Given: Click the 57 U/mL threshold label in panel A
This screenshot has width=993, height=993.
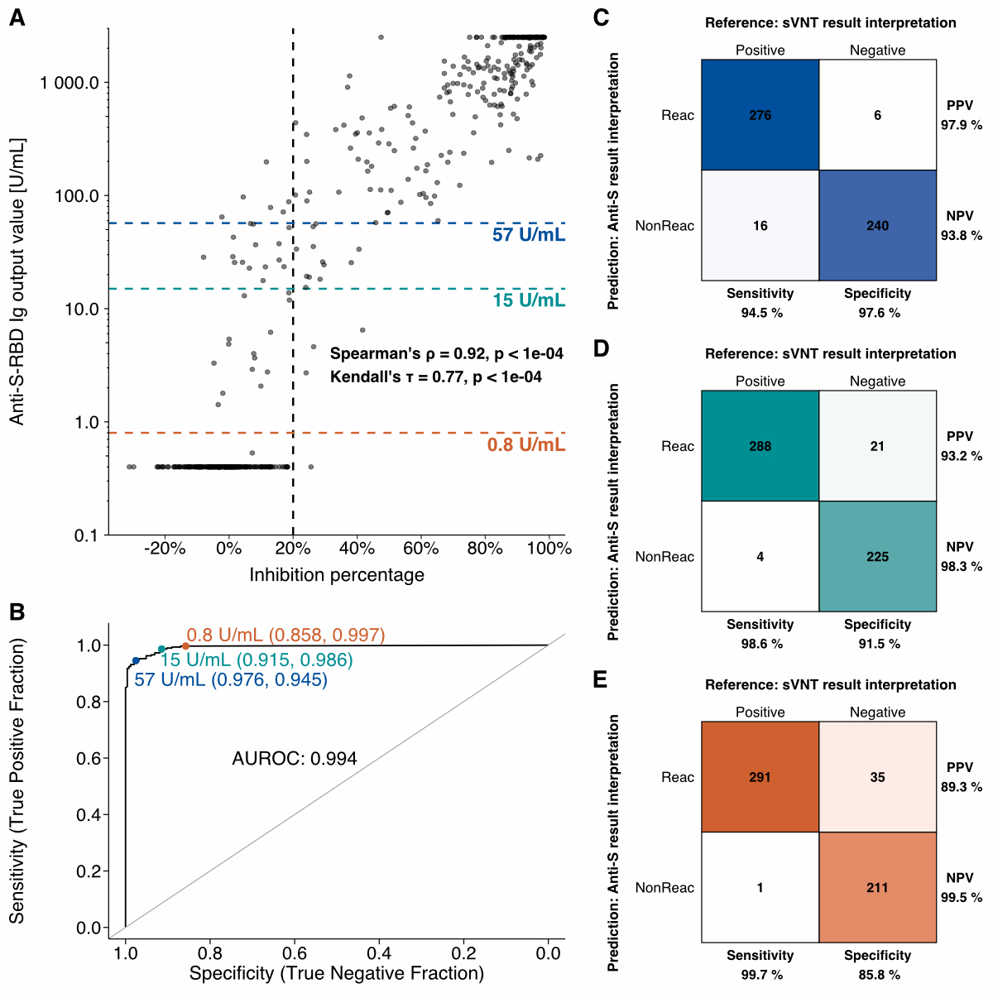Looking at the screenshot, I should coord(529,235).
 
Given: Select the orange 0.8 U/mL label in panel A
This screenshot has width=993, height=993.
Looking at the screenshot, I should coord(526,445).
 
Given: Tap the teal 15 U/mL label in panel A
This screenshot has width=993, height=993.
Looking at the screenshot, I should coord(529,300).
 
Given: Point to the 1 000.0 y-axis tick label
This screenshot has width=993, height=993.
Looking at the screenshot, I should coord(70,83).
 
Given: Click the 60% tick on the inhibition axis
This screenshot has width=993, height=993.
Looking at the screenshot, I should coord(420,549).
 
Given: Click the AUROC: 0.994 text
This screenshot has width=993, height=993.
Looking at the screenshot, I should coord(295,759).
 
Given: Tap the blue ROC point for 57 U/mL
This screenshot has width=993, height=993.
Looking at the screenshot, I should coord(136,660).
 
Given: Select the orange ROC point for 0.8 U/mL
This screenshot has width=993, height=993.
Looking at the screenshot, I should coord(185,646).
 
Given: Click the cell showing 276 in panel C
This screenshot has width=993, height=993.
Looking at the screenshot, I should coord(760,115).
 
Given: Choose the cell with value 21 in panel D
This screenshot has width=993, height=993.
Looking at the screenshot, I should coord(877,446).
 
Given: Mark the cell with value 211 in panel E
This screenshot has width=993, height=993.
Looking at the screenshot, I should coord(877,887).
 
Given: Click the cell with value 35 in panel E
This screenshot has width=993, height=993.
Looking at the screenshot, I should coord(877,777).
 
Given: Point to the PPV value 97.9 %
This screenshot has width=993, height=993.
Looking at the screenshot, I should coord(961,126).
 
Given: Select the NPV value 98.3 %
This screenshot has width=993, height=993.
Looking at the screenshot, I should coord(961,567).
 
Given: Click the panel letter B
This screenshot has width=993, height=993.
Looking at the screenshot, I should coord(17,612).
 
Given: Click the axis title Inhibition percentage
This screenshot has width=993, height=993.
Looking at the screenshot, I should coord(337,575).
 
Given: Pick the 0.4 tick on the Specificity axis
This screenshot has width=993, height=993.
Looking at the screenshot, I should coord(379,954).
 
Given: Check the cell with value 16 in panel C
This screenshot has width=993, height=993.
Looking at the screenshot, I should coord(760,225).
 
